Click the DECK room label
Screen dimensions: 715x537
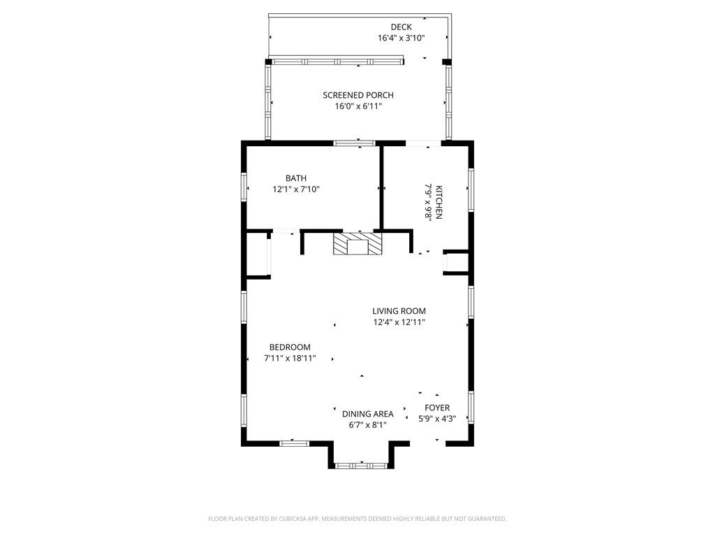pyautogui.click(x=401, y=27)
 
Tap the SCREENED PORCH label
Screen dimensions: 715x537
pyautogui.click(x=358, y=95)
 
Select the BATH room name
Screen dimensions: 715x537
pyautogui.click(x=296, y=178)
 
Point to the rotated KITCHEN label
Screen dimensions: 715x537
pyautogui.click(x=438, y=202)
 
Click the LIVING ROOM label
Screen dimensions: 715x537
pyautogui.click(x=399, y=311)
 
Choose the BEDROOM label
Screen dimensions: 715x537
pyautogui.click(x=290, y=348)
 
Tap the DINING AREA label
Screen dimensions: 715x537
pyautogui.click(x=367, y=414)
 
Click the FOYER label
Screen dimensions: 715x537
pyautogui.click(x=437, y=408)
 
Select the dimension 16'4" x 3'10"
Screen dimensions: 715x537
pyautogui.click(x=401, y=38)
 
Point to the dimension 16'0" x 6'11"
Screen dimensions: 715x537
pyautogui.click(x=358, y=106)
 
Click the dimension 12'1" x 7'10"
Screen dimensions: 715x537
pyautogui.click(x=296, y=189)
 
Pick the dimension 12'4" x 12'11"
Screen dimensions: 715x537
pyautogui.click(x=399, y=322)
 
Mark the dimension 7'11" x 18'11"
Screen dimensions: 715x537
pyautogui.click(x=290, y=359)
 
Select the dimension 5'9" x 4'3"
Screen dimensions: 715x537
pyautogui.click(x=437, y=419)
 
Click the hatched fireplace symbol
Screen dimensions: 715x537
pyautogui.click(x=358, y=244)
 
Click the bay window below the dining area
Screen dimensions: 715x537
pyautogui.click(x=361, y=466)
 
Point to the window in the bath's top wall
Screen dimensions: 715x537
pyautogui.click(x=354, y=143)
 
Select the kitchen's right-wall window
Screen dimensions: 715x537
pyautogui.click(x=471, y=190)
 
